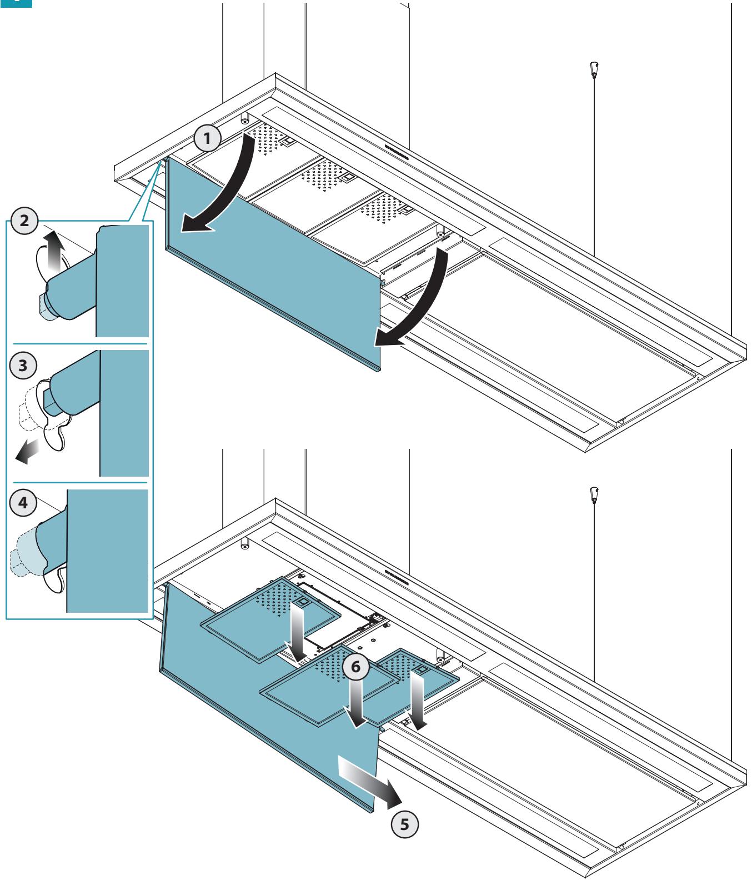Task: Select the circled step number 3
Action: tap(23, 367)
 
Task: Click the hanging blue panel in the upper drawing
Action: tap(272, 261)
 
